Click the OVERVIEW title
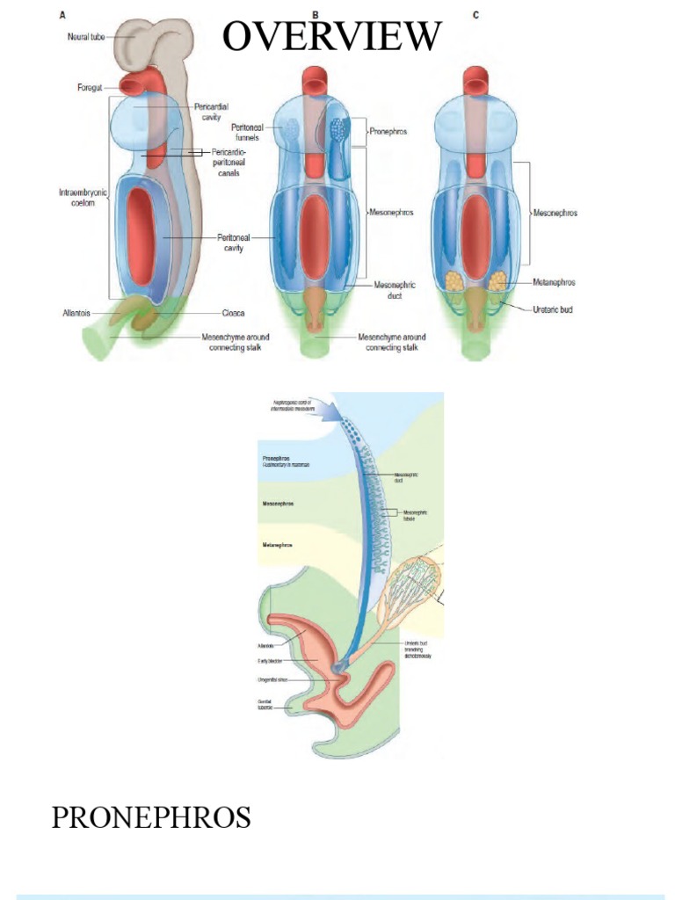coord(331,36)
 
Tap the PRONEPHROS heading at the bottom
coord(151,817)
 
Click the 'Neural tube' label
coord(85,37)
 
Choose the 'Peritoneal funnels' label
coord(247,132)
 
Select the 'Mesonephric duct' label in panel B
coord(394,290)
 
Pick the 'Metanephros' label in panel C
coord(555,283)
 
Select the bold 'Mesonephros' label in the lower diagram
coord(278,504)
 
